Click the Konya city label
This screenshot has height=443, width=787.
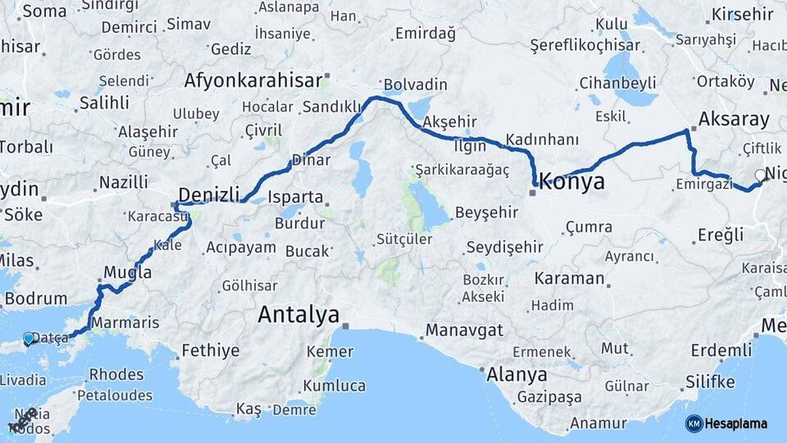click(572, 181)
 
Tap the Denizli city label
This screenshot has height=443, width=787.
click(209, 194)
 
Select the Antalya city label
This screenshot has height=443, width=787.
click(298, 314)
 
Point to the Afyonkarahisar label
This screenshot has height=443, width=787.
click(252, 80)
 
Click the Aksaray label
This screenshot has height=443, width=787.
click(734, 120)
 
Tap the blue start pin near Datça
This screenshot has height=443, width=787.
click(30, 338)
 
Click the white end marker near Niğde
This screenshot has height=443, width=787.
click(761, 175)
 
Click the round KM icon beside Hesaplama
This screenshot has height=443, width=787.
click(694, 423)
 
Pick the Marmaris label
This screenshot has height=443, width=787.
click(125, 322)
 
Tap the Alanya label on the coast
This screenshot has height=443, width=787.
click(516, 375)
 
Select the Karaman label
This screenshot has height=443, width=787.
click(569, 278)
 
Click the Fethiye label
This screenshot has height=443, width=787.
click(211, 350)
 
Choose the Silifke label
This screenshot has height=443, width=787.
click(709, 381)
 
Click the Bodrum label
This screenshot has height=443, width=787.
click(35, 299)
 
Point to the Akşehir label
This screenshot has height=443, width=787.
click(448, 121)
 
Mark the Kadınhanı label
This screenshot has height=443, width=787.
click(542, 139)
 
